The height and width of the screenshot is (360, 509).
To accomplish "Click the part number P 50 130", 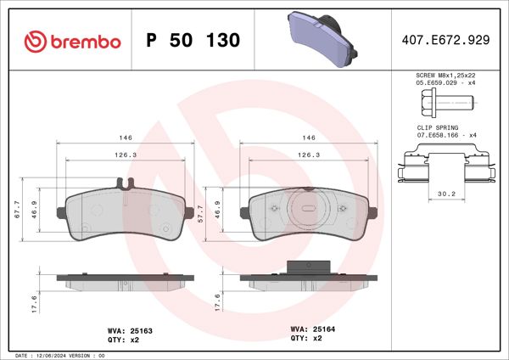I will (193, 41).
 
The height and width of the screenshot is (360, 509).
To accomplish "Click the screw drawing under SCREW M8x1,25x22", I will (443, 105).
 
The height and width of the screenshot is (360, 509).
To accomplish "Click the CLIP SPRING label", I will (436, 128).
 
